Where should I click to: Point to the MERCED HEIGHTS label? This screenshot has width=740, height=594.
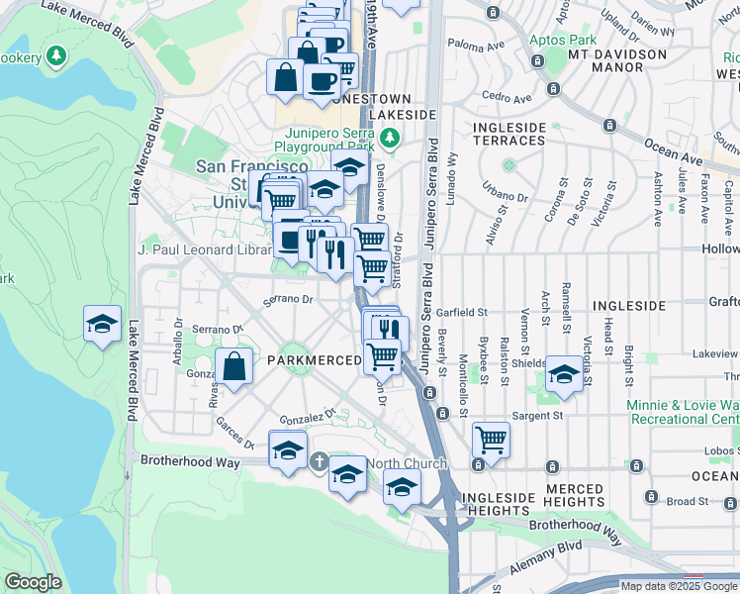point(575,496)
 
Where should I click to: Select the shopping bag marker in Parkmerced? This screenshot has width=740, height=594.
point(234,366)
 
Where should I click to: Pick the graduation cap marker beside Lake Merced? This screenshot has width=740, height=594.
point(102,324)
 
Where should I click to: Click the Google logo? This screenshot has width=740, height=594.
point(33,582)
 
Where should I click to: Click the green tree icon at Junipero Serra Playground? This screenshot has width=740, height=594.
point(392,137)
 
